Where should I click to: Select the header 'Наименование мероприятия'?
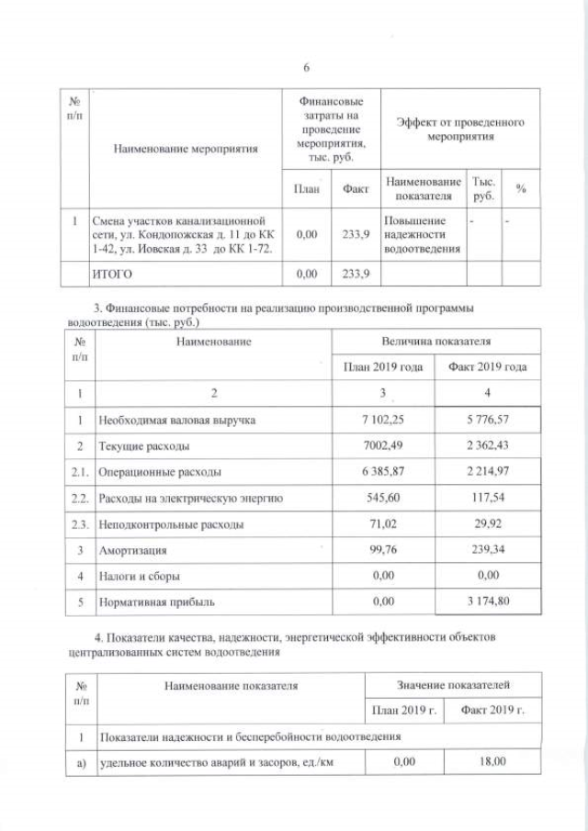pos(186,146)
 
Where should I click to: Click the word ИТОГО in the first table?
pos(114,274)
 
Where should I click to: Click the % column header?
pos(520,188)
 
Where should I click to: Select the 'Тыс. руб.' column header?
pos(481,189)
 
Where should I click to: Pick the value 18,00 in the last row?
pos(486,762)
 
